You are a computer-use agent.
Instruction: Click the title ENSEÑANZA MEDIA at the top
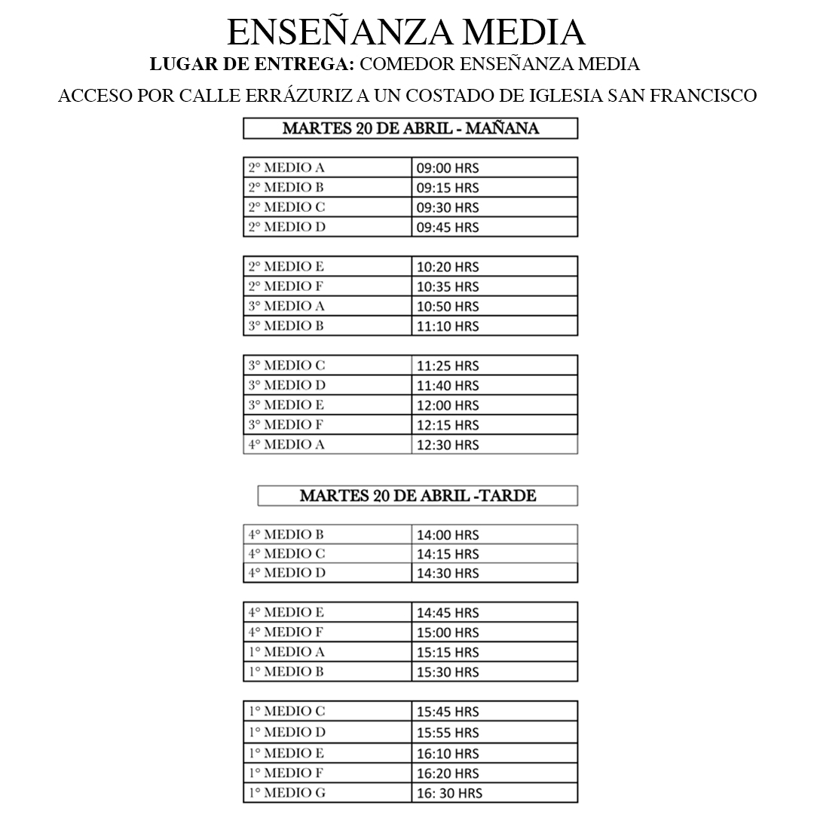[x=406, y=33]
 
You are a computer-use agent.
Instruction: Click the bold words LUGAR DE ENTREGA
[x=252, y=65]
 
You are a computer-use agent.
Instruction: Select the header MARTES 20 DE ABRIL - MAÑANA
[x=410, y=128]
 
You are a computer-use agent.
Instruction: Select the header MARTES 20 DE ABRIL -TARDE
[x=418, y=496]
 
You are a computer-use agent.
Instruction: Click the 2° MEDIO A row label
[x=287, y=167]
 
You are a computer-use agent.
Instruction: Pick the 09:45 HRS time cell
[x=448, y=227]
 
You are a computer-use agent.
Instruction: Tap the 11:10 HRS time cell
[x=448, y=326]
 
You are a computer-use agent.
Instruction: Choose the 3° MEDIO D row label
[x=287, y=385]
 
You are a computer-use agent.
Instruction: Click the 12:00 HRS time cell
[x=448, y=405]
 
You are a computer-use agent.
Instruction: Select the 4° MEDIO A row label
[x=287, y=445]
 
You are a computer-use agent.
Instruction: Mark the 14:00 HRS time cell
[x=448, y=535]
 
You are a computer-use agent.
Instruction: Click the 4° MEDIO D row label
[x=287, y=573]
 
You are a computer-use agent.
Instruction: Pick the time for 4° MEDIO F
[x=448, y=632]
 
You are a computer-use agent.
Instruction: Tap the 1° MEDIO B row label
[x=286, y=672]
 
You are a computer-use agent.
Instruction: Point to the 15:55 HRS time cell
[x=448, y=732]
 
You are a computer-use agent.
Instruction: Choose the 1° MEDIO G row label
[x=287, y=793]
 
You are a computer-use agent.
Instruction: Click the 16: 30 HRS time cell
[x=449, y=793]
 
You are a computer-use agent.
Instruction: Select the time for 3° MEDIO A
[x=448, y=307]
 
